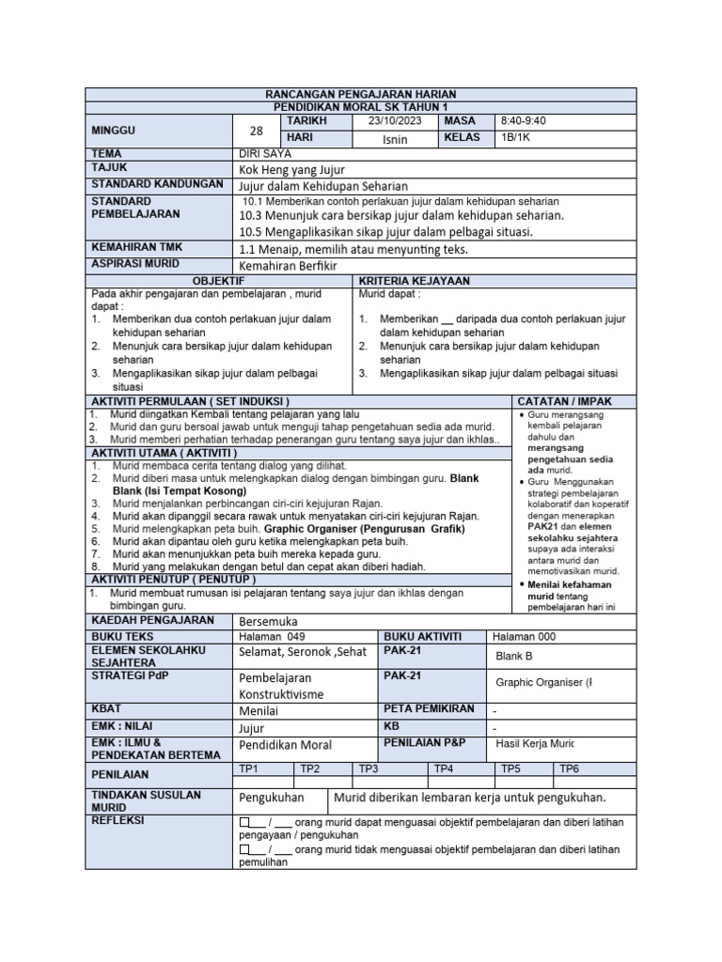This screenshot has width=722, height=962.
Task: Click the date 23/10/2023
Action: (396, 122)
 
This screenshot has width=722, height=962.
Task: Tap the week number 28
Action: (257, 131)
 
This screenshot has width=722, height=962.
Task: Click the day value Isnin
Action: (396, 139)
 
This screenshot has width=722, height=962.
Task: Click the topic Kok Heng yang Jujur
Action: (292, 169)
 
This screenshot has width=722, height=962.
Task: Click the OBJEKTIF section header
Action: (218, 281)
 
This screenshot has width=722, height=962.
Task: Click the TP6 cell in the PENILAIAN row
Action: (570, 768)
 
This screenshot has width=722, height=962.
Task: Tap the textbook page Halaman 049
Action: (267, 636)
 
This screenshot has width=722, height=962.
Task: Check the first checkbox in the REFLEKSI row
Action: (245, 822)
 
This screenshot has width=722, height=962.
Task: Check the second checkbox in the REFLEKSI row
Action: (245, 850)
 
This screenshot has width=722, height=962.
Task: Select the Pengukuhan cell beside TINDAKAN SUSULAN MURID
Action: (272, 798)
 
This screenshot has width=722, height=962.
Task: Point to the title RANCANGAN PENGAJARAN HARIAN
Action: (361, 95)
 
